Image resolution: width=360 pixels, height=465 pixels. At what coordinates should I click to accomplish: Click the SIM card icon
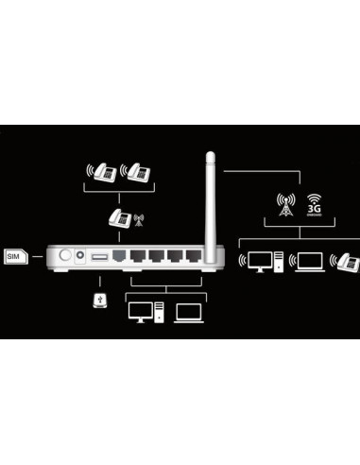pyautogui.click(x=14, y=256)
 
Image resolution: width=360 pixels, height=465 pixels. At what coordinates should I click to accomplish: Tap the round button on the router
pyautogui.click(x=64, y=255)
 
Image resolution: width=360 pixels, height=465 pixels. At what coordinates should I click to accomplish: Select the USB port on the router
pyautogui.click(x=99, y=256)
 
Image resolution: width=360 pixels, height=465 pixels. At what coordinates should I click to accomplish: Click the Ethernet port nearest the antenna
pyautogui.click(x=194, y=255)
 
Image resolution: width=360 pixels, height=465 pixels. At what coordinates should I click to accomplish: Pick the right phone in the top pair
pyautogui.click(x=138, y=173)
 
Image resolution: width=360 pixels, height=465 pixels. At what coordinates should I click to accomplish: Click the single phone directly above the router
pyautogui.click(x=117, y=218)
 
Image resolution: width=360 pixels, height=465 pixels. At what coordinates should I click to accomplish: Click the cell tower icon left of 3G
pyautogui.click(x=284, y=205)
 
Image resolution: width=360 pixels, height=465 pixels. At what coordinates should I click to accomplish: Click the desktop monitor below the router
pyautogui.click(x=140, y=311)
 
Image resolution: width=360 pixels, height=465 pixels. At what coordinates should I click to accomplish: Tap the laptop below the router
pyautogui.click(x=188, y=311)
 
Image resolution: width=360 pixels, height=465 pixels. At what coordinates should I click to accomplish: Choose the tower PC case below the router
pyautogui.click(x=159, y=312)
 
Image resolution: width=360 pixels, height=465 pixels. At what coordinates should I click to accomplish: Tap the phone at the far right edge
pyautogui.click(x=350, y=259)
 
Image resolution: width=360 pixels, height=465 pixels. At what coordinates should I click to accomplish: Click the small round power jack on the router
pyautogui.click(x=80, y=255)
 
